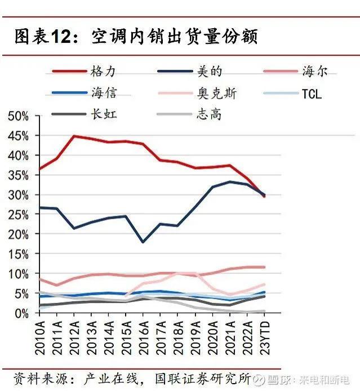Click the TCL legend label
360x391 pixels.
(311, 93)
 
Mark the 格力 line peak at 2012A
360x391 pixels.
(74, 136)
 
